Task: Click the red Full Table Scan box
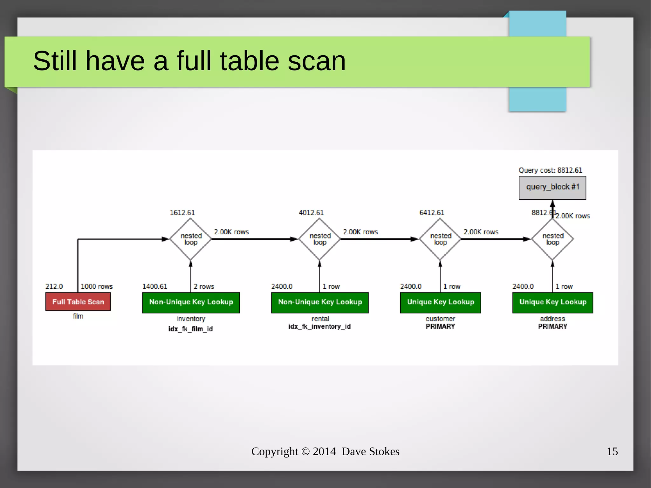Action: click(x=78, y=301)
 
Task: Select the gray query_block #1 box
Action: click(x=552, y=188)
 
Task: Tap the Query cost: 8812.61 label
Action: click(x=550, y=170)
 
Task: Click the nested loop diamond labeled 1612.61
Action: click(x=191, y=239)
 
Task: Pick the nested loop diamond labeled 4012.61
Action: click(x=319, y=239)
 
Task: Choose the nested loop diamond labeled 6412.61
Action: click(x=440, y=239)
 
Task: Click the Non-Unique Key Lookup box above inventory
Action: click(x=191, y=302)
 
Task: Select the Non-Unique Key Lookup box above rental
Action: click(x=320, y=302)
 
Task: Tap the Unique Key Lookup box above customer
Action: click(x=440, y=302)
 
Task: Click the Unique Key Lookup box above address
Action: click(x=552, y=302)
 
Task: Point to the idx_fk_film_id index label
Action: click(x=190, y=329)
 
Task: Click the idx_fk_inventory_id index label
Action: click(x=319, y=326)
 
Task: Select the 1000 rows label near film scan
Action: click(x=97, y=286)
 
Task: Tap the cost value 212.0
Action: click(x=54, y=286)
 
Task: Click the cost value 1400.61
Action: click(x=154, y=286)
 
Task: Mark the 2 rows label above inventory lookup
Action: click(x=204, y=286)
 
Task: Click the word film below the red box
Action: click(x=78, y=316)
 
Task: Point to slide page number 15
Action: click(x=612, y=451)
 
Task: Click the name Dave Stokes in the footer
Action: click(x=370, y=451)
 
